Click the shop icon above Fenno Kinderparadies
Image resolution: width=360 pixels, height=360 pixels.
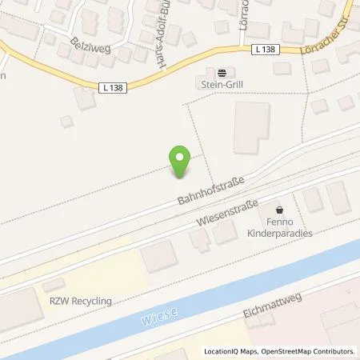pyautogui.click(x=278, y=205)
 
